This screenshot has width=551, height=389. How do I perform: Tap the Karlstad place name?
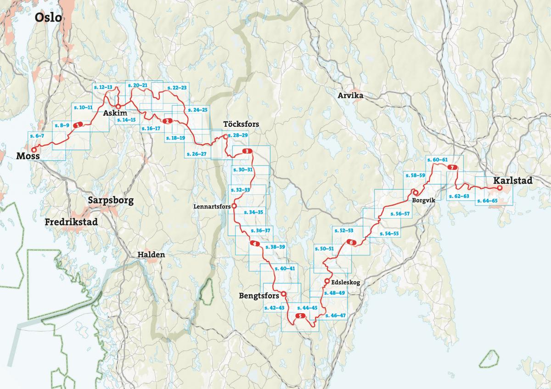(x=513, y=181)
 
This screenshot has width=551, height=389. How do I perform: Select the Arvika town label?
(x=350, y=96)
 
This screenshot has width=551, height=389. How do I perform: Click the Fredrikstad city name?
(x=71, y=222)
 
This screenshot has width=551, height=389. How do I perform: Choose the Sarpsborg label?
(x=111, y=201)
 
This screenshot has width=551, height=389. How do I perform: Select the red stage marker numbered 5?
(x=299, y=316)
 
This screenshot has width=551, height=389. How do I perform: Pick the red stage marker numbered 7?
(x=452, y=168)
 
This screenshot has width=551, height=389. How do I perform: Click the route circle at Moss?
(x=33, y=150)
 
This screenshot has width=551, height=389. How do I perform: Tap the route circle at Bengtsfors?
(x=283, y=294)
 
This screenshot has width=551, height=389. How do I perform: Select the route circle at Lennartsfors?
(x=234, y=207)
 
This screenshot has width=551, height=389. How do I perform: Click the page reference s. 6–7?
(x=36, y=136)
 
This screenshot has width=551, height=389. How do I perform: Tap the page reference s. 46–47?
(x=335, y=316)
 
